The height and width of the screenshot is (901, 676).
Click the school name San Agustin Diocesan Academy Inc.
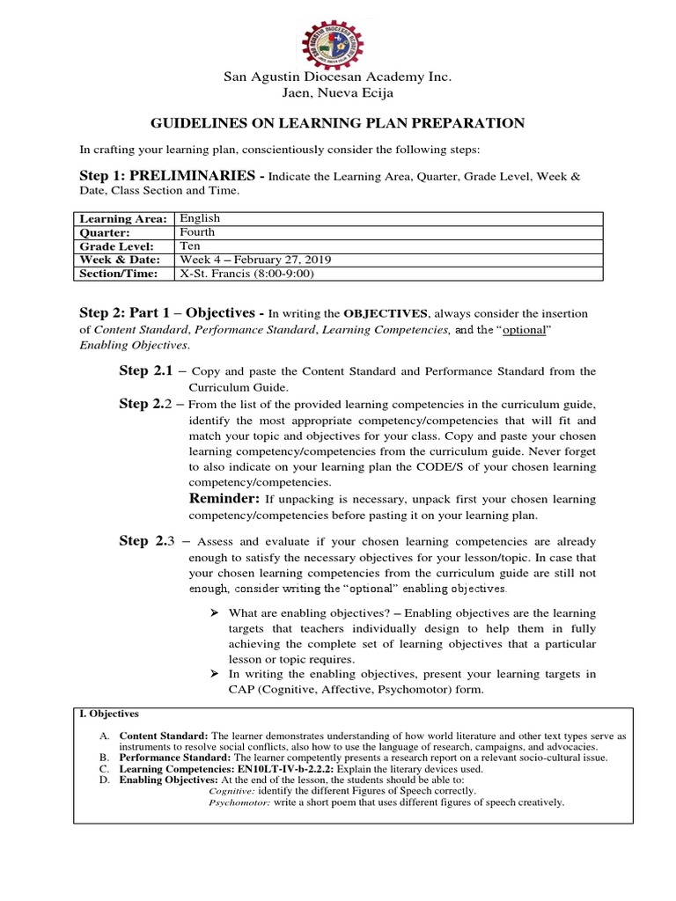(x=338, y=77)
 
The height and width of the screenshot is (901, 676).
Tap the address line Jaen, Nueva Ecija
(x=338, y=92)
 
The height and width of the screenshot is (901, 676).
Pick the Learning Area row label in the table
(x=123, y=218)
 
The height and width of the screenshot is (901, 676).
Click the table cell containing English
(x=200, y=218)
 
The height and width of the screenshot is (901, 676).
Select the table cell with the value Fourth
(x=198, y=232)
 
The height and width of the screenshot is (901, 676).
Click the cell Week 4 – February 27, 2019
(x=255, y=260)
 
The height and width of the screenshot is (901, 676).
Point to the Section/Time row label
(x=122, y=274)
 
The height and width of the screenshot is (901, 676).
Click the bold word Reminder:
(x=224, y=499)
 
